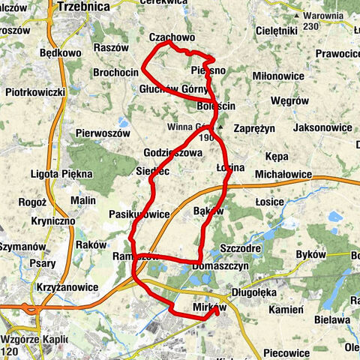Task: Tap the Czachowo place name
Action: [x=172, y=37]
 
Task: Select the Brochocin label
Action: [x=116, y=72]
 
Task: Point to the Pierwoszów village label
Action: [x=103, y=133]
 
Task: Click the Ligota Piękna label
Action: [x=63, y=173]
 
